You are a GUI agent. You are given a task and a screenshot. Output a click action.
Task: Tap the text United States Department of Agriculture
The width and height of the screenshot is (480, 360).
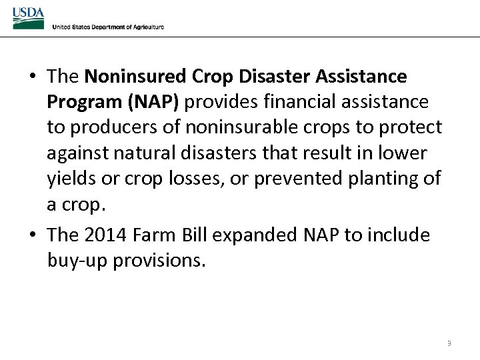point(108,27)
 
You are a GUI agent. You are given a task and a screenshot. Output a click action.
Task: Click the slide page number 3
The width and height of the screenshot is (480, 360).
point(449,343)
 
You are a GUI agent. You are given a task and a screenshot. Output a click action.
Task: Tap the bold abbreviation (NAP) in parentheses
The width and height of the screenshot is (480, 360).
point(151,102)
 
